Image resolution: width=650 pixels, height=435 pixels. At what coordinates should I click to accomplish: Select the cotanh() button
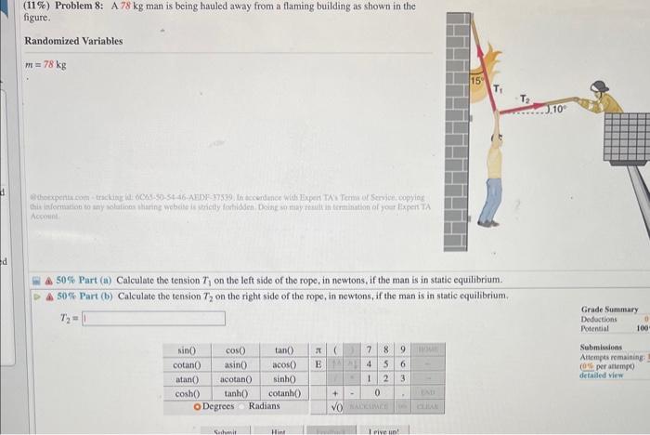[283, 393]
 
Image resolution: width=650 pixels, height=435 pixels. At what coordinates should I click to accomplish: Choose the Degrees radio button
[197, 406]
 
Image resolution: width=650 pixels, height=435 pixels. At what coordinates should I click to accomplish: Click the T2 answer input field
[153, 319]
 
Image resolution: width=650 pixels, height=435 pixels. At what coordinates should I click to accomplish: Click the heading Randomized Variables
[67, 41]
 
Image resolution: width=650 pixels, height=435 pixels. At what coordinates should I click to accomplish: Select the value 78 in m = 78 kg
[50, 64]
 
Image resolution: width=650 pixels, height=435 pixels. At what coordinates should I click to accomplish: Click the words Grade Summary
[609, 309]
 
